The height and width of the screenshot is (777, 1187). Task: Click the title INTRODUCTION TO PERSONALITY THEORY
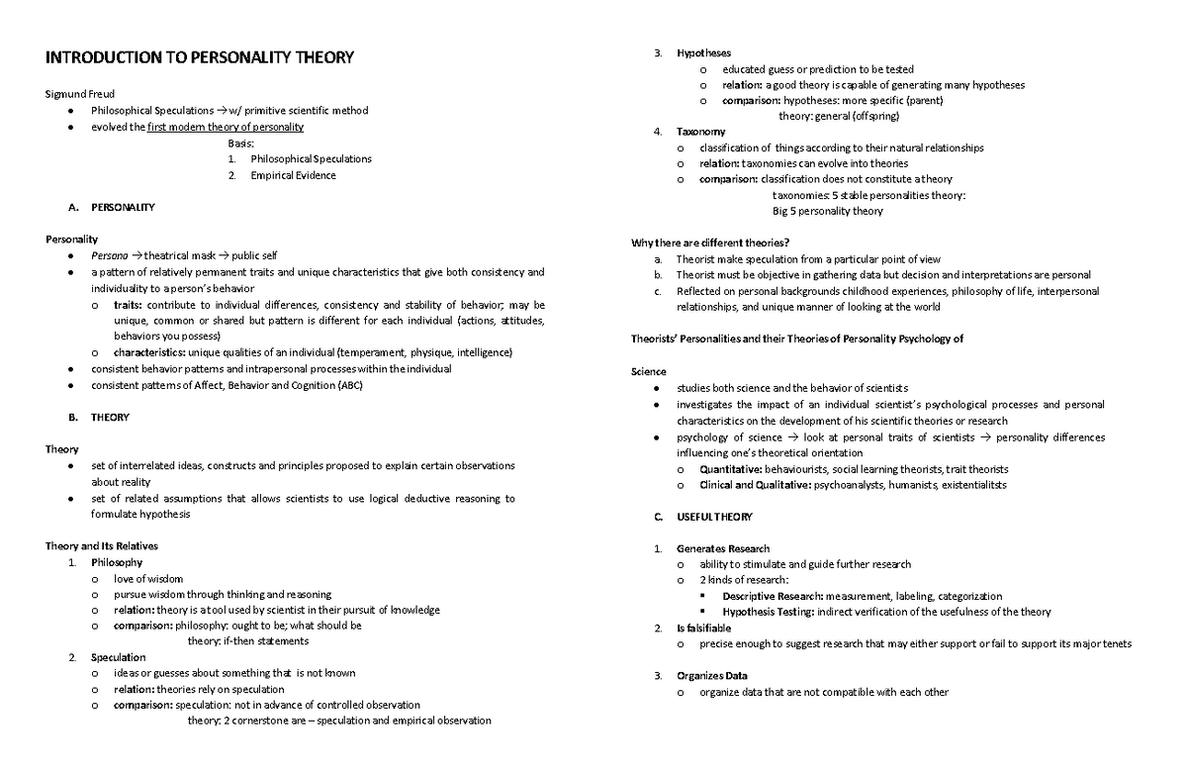coord(200,57)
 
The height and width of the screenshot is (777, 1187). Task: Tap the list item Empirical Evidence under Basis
coord(293,175)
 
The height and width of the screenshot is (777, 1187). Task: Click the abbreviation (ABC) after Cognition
coord(350,385)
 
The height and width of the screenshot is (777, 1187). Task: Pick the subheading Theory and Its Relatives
coord(102,545)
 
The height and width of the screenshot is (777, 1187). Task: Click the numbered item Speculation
coord(118,657)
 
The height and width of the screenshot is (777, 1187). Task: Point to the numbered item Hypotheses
coord(704,52)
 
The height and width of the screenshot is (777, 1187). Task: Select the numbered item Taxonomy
coord(700,132)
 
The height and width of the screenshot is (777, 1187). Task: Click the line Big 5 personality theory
coord(827,211)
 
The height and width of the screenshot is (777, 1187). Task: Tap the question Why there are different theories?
coord(710,243)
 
